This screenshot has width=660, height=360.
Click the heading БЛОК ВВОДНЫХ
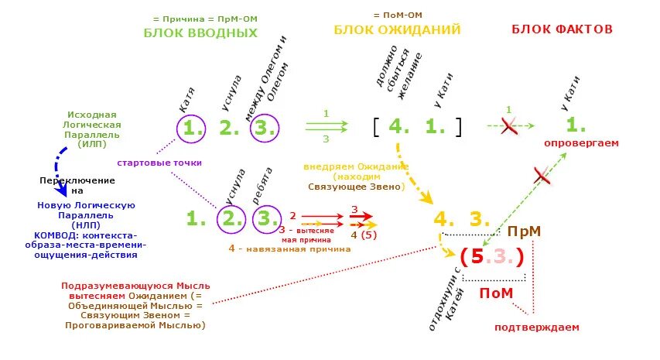(x=200, y=33)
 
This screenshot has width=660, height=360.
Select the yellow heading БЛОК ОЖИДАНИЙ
(x=397, y=30)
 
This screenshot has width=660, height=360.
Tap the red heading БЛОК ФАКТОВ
(x=562, y=29)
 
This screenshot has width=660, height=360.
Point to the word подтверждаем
(x=536, y=327)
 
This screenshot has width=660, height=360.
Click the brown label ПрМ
(x=524, y=231)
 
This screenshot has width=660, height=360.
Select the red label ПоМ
(x=496, y=293)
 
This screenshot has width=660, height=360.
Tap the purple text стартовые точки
(x=159, y=163)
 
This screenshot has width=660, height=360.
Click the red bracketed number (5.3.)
(x=492, y=256)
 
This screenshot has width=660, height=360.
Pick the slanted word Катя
(x=186, y=100)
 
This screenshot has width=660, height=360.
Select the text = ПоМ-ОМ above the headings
(x=397, y=15)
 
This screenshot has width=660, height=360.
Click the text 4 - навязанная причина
(x=289, y=249)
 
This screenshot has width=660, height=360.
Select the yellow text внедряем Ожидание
(x=356, y=167)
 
